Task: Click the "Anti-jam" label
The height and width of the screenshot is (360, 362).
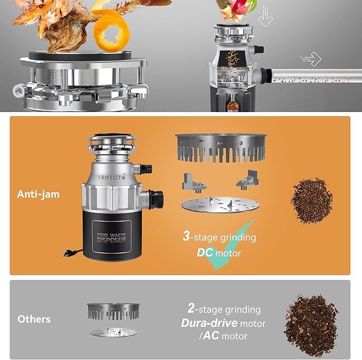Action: click(x=38, y=194)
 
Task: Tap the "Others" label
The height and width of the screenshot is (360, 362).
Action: click(x=34, y=319)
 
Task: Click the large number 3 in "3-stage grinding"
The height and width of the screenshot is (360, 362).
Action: click(x=186, y=236)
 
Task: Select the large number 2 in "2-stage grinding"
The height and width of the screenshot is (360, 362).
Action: click(x=190, y=308)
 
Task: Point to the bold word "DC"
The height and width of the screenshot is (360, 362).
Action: click(x=205, y=252)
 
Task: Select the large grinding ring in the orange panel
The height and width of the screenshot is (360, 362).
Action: click(x=221, y=148)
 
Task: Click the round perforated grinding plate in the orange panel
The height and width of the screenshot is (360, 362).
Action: click(x=220, y=205)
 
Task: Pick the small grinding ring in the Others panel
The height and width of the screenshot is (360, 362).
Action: click(x=113, y=311)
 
